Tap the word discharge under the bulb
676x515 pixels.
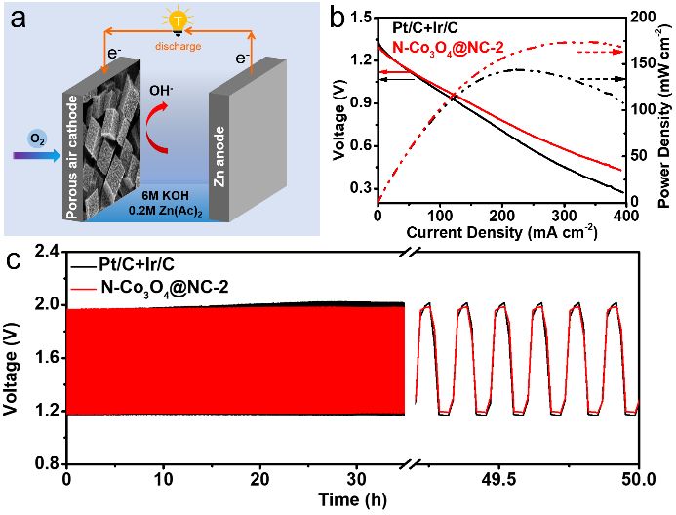179,46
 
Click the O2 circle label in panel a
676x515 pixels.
37,139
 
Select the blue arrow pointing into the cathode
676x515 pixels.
37,156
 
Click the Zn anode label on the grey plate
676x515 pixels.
219,156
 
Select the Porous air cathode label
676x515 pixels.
72,157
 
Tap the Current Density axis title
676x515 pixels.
501,232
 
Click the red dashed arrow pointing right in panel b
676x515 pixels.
601,52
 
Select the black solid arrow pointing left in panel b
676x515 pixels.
395,79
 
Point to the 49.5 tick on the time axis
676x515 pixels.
498,479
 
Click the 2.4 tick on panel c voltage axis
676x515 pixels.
52,252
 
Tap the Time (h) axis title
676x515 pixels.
353,500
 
